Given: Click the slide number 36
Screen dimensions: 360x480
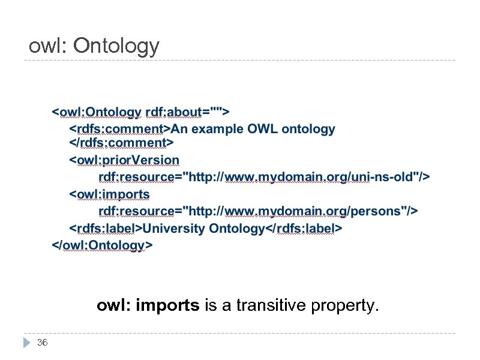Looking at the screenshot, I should coord(42,343).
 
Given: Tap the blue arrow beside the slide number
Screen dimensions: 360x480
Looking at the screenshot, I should coord(26,343).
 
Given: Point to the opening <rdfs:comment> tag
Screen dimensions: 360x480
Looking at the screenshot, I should coord(121,128).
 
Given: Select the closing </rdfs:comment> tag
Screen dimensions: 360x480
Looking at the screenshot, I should coord(121,143).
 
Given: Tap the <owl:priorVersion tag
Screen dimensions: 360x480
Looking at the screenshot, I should coord(124,160).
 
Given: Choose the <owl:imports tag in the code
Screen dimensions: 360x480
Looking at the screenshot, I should coord(110,194).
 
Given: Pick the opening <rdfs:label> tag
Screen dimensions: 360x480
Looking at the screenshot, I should coord(106,229).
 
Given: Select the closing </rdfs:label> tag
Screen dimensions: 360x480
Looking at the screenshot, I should coord(304,229).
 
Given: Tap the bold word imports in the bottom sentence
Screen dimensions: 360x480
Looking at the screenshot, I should coord(167,306).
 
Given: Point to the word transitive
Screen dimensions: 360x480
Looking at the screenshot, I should coord(272,306).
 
